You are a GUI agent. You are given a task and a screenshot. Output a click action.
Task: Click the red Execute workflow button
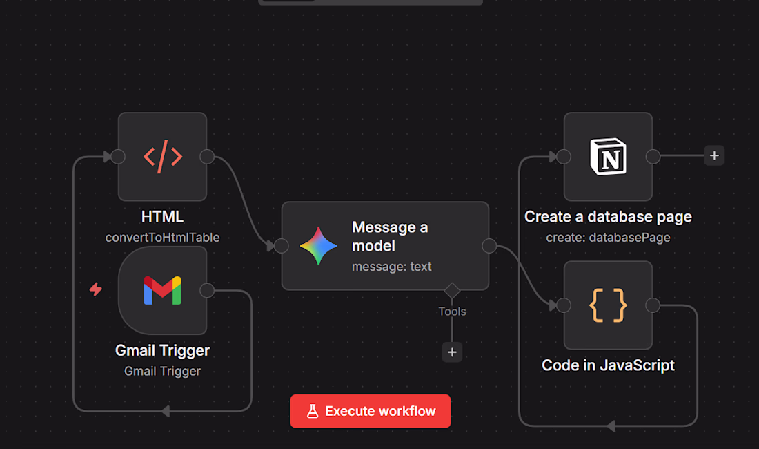371,411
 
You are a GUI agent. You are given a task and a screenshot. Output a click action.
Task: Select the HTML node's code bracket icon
163,156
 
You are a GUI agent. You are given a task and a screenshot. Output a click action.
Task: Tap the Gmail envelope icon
163,290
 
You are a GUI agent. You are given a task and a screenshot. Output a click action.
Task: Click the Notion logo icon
608,156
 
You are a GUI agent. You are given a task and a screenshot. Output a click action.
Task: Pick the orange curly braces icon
608,305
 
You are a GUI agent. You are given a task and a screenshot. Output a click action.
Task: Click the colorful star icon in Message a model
319,246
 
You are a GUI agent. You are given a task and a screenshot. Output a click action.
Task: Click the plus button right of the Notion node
714,155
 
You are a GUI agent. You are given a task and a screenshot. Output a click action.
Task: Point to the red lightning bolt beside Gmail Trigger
96,289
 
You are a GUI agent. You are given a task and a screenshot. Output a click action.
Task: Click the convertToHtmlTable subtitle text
163,238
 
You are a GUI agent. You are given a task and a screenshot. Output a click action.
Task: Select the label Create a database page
608,216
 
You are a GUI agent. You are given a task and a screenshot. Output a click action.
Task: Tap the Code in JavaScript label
608,365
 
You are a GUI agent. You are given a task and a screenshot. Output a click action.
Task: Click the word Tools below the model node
452,312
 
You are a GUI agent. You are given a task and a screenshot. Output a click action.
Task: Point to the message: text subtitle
392,267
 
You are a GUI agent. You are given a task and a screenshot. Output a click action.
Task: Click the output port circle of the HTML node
207,156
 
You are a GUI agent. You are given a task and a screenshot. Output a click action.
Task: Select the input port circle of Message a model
282,246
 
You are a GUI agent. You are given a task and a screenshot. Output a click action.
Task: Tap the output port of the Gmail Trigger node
207,290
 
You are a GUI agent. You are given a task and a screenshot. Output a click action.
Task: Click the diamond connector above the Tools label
452,291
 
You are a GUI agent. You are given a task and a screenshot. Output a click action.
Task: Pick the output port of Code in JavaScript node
653,305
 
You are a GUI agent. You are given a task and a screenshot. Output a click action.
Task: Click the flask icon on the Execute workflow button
313,411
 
